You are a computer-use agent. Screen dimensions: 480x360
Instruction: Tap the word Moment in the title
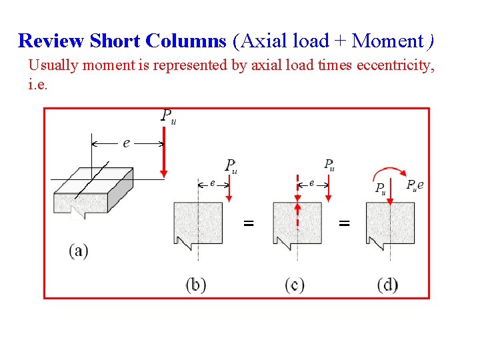387,41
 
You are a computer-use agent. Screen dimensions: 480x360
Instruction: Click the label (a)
78,251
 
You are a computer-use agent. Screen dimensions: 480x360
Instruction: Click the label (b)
196,285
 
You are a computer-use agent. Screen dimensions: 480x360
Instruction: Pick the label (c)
295,285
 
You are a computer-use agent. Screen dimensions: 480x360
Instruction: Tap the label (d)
387,285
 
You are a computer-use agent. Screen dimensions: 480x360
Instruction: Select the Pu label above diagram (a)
169,116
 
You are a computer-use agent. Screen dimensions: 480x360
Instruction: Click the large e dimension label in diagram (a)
127,143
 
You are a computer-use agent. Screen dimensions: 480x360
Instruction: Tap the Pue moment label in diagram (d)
415,185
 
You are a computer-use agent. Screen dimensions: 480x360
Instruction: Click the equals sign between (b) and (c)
248,224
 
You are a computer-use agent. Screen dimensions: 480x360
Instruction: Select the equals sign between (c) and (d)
344,224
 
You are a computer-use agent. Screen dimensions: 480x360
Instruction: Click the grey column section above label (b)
198,224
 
